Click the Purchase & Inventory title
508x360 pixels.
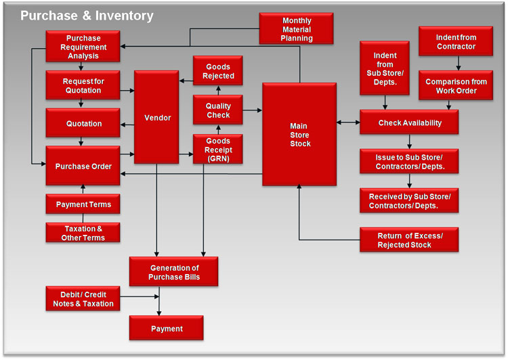(x=87, y=16)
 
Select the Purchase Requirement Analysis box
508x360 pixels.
(x=83, y=47)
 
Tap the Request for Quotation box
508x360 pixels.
(x=83, y=86)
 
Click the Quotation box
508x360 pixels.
(x=83, y=124)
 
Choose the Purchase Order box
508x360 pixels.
(x=83, y=166)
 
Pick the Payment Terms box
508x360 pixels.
(x=83, y=204)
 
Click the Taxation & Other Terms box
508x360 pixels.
(x=83, y=233)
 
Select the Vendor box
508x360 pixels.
(x=157, y=117)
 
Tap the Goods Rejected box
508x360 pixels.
(x=217, y=71)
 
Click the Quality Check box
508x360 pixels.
(x=217, y=110)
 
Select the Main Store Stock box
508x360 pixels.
(x=299, y=134)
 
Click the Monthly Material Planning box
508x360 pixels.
(x=297, y=29)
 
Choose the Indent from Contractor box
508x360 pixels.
(x=456, y=41)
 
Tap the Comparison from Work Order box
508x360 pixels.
(x=456, y=86)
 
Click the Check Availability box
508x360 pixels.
(x=409, y=122)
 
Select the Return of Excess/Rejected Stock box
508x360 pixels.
(x=409, y=240)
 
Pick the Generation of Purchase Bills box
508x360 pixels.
(x=174, y=272)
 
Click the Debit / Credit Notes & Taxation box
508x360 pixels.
(x=83, y=299)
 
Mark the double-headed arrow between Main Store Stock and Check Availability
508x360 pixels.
(x=348, y=122)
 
